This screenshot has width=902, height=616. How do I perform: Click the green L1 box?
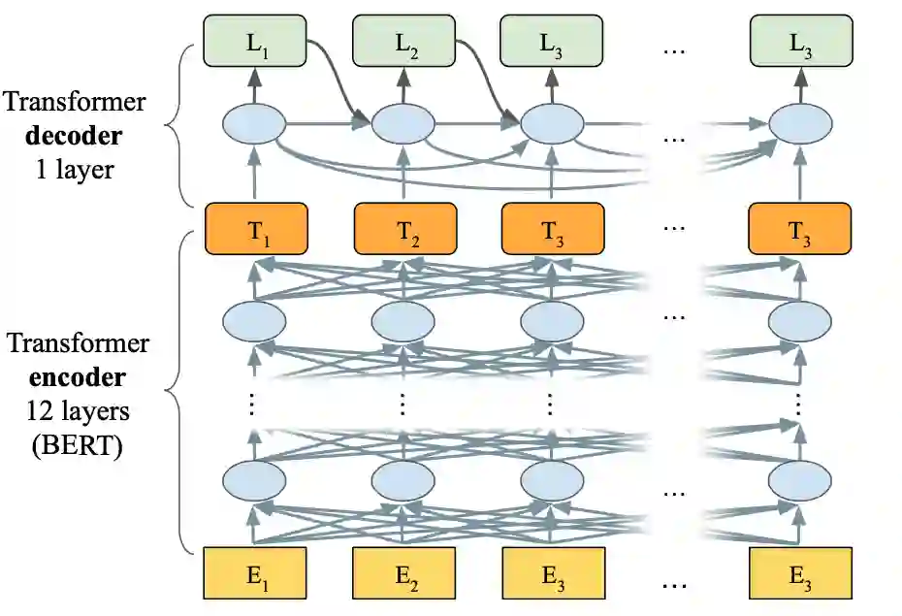click(254, 43)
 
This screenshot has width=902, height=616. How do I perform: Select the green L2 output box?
click(403, 43)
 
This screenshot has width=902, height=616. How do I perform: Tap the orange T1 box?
click(255, 229)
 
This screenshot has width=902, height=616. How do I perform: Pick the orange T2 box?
click(403, 229)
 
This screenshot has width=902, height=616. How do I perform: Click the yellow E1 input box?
click(255, 572)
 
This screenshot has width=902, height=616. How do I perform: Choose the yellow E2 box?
click(403, 572)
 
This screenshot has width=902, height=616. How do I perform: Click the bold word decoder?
click(74, 136)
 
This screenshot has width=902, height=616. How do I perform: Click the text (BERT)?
click(74, 448)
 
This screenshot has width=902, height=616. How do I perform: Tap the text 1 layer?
click(74, 171)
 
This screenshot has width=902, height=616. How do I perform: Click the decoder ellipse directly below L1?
click(254, 124)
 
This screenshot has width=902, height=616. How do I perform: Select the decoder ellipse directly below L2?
click(402, 124)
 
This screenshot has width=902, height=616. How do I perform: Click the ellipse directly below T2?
click(402, 321)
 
